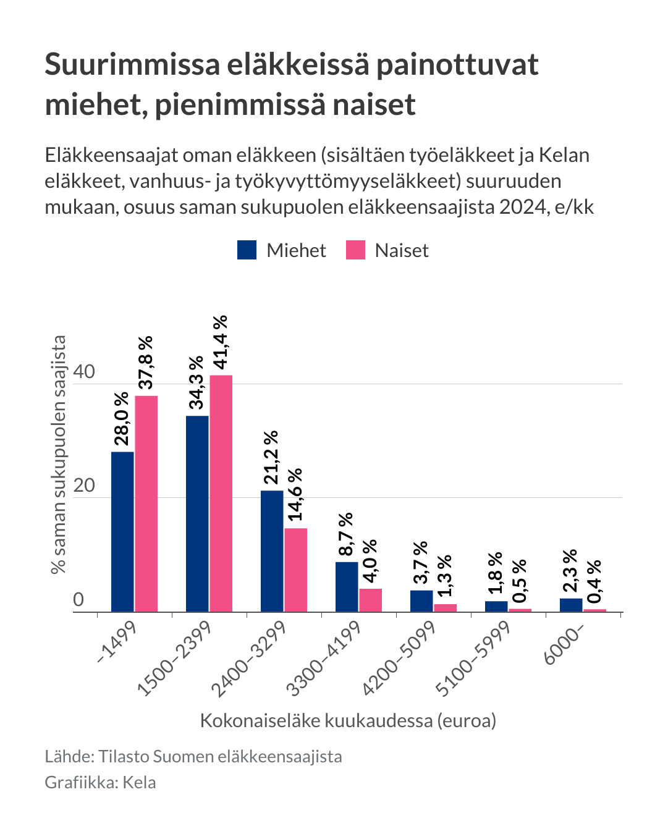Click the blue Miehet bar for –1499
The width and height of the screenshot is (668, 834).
[x=122, y=531]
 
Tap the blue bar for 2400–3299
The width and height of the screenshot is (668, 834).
[x=272, y=551]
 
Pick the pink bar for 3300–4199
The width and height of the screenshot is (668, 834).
[x=371, y=600]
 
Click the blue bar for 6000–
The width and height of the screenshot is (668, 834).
[x=571, y=605]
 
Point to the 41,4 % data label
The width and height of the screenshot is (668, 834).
[x=221, y=342]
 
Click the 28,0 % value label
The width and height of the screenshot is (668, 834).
[x=122, y=418]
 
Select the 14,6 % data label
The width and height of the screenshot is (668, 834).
[x=295, y=494]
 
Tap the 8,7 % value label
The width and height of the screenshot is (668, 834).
[x=346, y=534]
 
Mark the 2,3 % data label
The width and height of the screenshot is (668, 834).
[x=570, y=570]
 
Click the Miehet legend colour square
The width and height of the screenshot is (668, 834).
[x=247, y=250]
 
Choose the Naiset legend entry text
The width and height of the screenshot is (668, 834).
[x=402, y=251]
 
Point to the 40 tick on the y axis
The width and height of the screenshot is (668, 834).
[x=84, y=372]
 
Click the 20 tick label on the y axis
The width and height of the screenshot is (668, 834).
[x=84, y=486]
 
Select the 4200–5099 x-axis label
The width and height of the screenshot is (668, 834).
[x=400, y=657]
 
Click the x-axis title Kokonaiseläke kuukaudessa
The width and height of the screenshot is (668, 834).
[x=348, y=720]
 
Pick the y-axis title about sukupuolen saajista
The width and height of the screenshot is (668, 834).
[x=59, y=454]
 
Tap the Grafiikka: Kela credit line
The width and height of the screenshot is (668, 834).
[x=100, y=783]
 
